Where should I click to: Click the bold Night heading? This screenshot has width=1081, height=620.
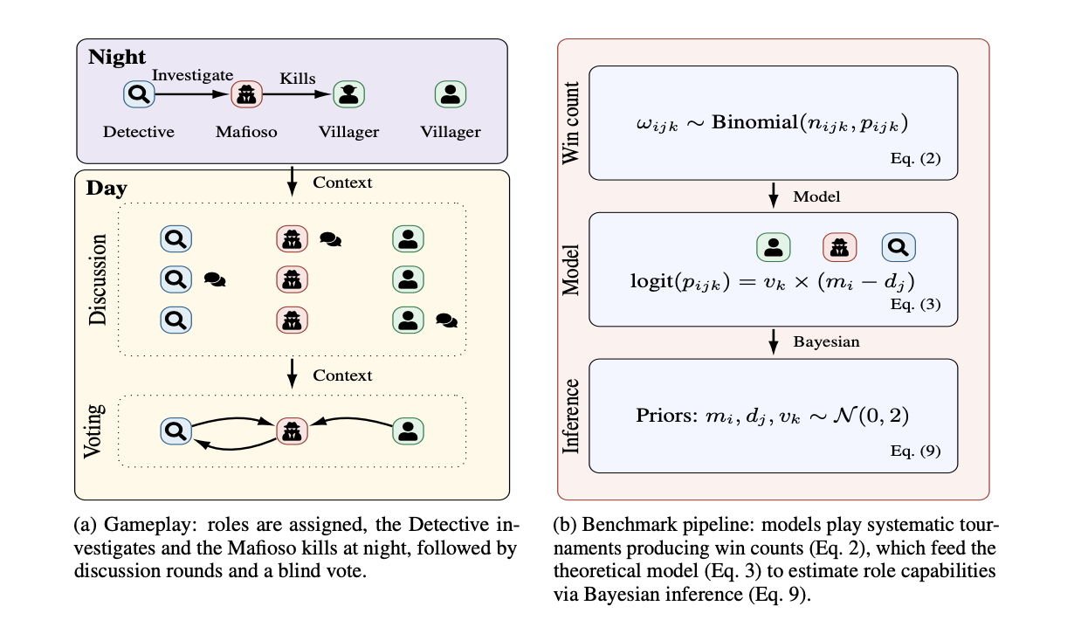point(117,57)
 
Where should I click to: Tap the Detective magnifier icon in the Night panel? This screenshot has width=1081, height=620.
point(139,94)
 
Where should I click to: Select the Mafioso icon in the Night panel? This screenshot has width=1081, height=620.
point(246,94)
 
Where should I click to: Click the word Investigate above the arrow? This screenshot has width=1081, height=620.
point(193,75)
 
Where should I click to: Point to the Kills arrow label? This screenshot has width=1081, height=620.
point(297,79)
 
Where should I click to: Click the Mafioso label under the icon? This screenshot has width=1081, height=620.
point(246,132)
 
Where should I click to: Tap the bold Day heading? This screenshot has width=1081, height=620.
point(107,188)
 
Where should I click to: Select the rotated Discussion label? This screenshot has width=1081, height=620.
point(98,279)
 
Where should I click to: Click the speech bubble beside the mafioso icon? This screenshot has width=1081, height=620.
point(331,239)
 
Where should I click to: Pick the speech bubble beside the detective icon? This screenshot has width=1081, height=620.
point(215,279)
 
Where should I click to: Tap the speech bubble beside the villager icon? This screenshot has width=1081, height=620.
point(446,320)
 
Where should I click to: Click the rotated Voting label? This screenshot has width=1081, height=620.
point(93,431)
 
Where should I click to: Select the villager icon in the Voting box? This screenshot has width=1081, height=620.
point(409,431)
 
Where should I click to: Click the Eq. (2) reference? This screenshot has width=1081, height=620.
point(915,158)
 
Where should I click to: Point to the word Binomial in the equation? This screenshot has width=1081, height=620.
point(754,121)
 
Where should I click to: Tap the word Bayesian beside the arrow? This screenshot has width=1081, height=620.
point(826,341)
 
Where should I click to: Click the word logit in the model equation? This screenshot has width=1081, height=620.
point(651,281)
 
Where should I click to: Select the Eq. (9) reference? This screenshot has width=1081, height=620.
point(915,451)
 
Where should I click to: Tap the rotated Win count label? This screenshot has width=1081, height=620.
point(571,122)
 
